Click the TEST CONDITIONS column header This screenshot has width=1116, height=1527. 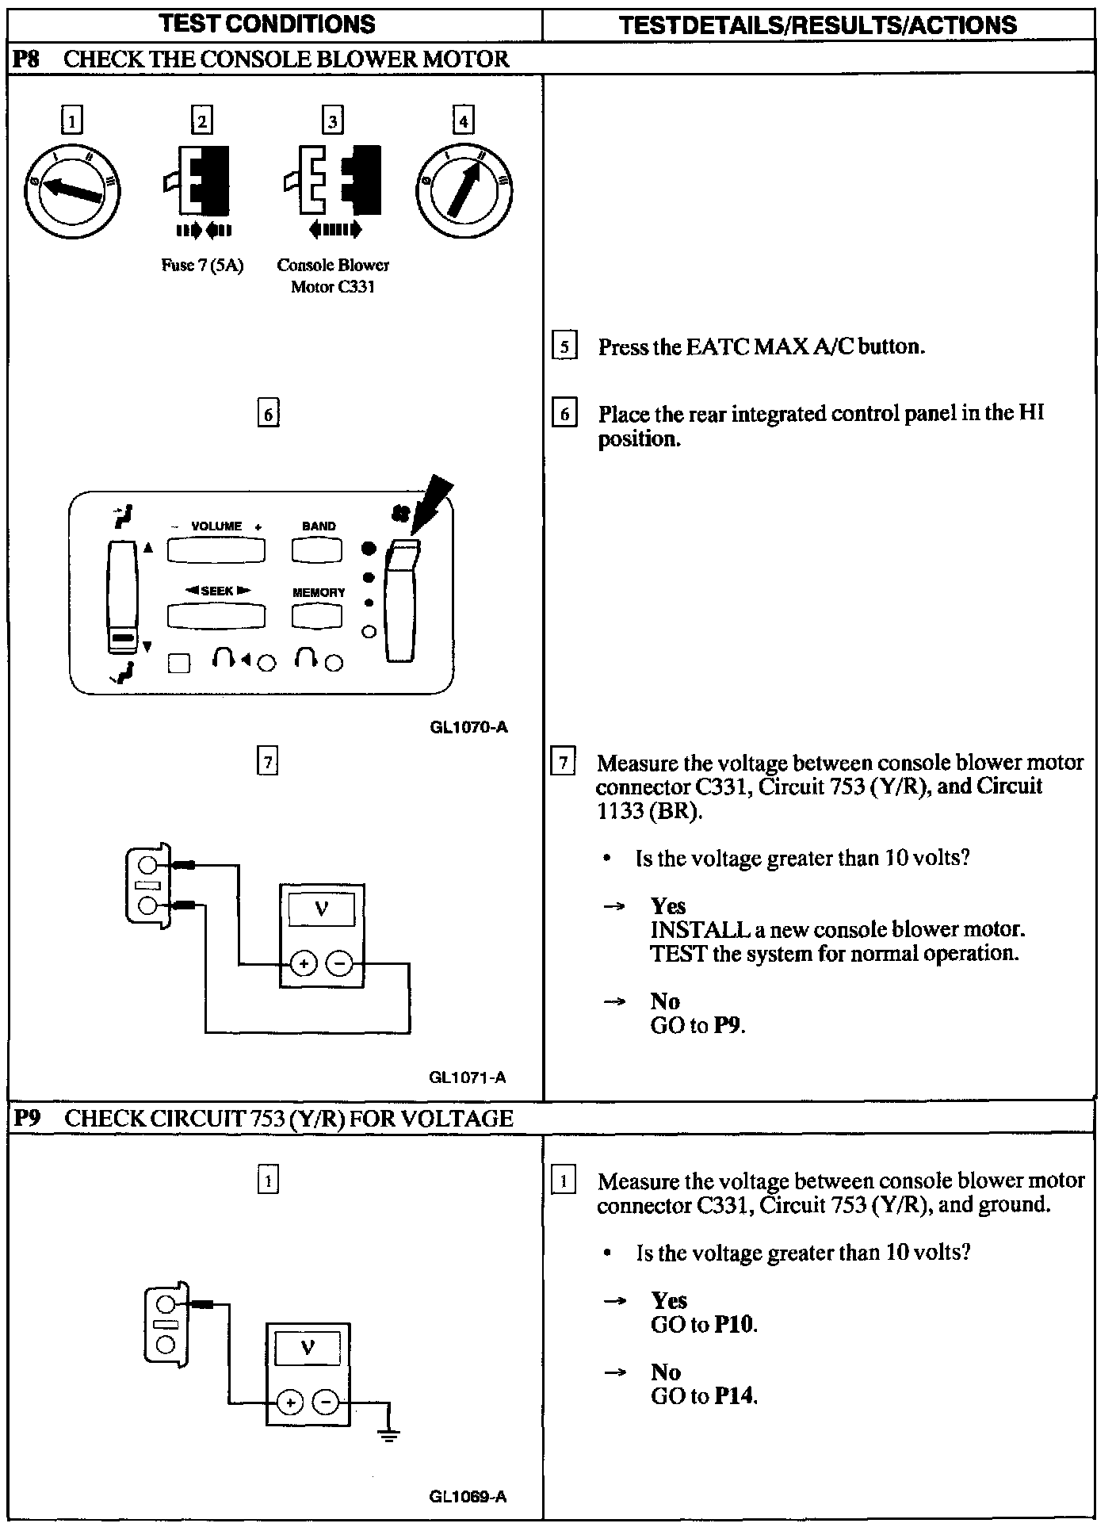(267, 24)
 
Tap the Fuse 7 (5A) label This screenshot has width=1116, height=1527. (202, 266)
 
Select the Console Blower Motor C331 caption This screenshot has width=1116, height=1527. (333, 275)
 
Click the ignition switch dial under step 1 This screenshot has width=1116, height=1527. (72, 190)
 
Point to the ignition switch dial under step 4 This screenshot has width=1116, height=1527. (464, 190)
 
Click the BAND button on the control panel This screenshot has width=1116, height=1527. (317, 549)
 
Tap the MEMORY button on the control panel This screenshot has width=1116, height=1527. (317, 616)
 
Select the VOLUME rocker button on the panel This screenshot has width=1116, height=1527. (216, 549)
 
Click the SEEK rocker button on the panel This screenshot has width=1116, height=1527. (216, 616)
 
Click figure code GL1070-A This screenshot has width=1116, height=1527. (468, 727)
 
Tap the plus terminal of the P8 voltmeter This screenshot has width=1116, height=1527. (303, 964)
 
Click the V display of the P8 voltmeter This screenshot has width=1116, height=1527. (321, 909)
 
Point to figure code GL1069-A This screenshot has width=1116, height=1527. (468, 1497)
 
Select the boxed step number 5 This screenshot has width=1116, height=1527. (564, 346)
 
